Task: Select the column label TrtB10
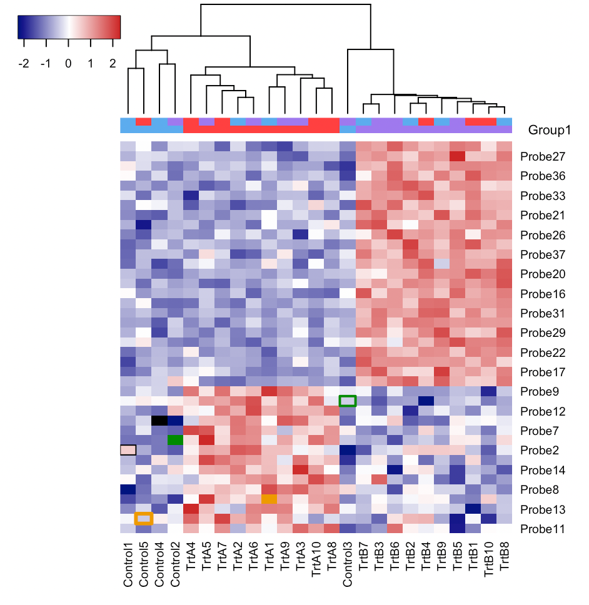pyautogui.click(x=489, y=566)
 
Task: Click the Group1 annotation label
pyautogui.click(x=550, y=131)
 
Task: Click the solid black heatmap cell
pyautogui.click(x=159, y=420)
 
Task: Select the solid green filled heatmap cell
pyautogui.click(x=175, y=439)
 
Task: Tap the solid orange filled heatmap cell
pyautogui.click(x=269, y=499)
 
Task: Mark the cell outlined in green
pyautogui.click(x=348, y=401)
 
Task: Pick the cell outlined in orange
pyautogui.click(x=144, y=518)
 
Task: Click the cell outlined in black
pyautogui.click(x=128, y=449)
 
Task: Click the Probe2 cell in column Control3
pyautogui.click(x=348, y=449)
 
